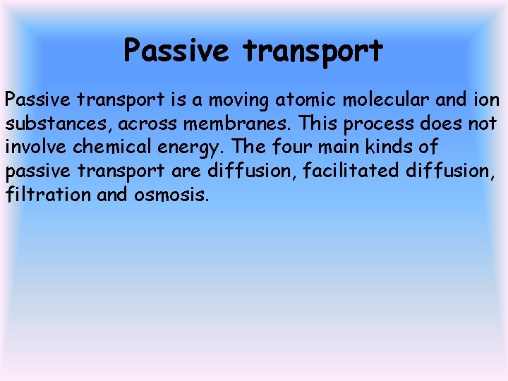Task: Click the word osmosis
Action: point(171,194)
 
